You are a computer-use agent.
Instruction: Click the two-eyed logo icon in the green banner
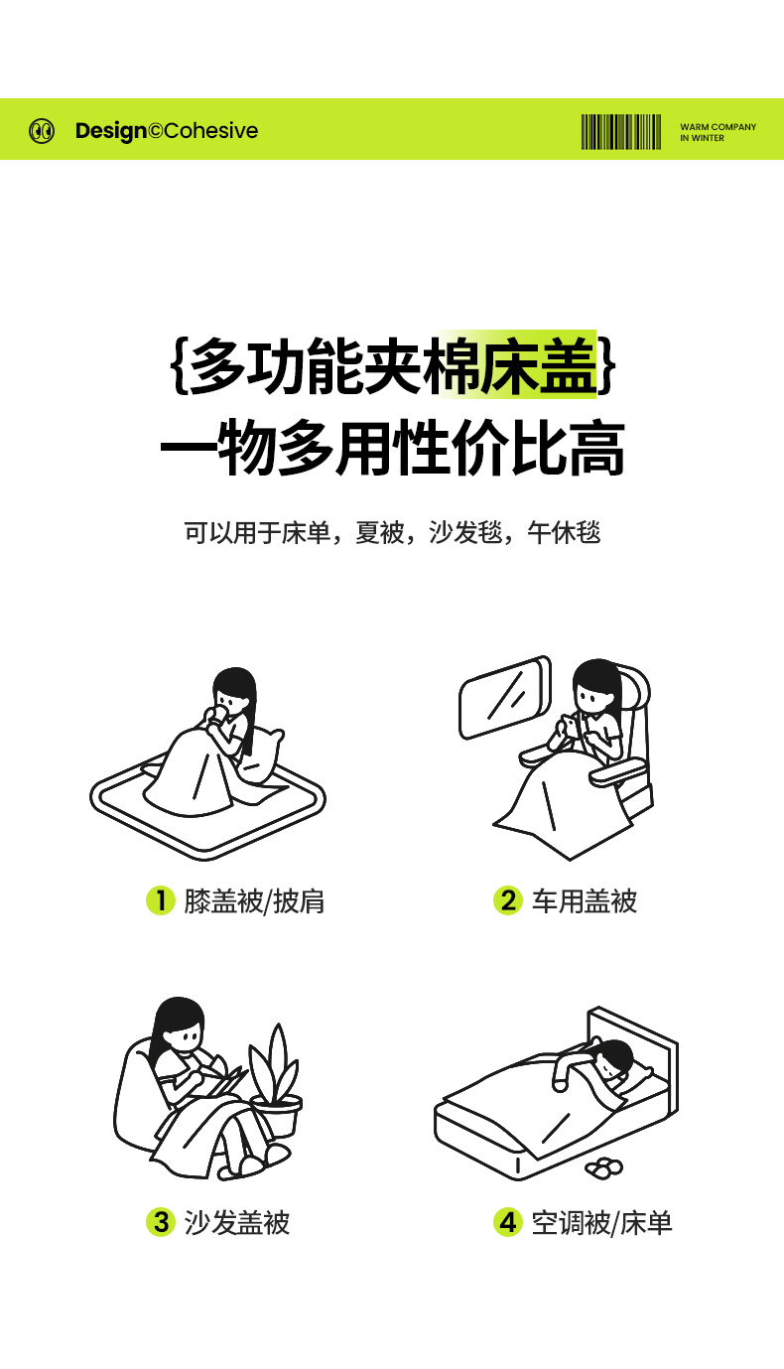42,131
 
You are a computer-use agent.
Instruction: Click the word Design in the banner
110,131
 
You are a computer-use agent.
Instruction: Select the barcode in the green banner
621,131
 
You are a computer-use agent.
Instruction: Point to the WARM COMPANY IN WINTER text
718,132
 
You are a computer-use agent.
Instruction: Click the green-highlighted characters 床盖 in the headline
538,365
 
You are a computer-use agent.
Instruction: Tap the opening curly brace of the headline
179,365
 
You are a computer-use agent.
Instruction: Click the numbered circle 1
161,900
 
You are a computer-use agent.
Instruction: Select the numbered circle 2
508,900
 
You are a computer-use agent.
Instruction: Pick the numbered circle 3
161,1222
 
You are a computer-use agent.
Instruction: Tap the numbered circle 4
508,1222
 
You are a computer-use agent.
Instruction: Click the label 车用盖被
585,900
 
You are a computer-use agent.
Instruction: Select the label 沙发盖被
236,1222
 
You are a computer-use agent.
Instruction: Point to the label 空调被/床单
602,1222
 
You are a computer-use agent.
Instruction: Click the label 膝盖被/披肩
254,900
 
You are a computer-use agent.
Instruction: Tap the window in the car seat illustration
505,697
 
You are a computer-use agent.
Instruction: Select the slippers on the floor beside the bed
603,1166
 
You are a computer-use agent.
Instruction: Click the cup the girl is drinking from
215,714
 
